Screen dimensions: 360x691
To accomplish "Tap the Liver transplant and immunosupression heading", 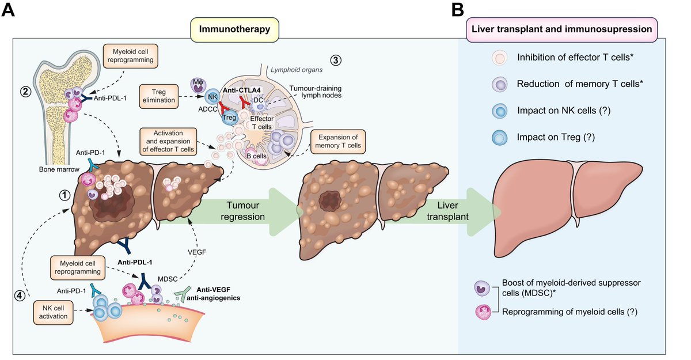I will coord(561,28).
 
